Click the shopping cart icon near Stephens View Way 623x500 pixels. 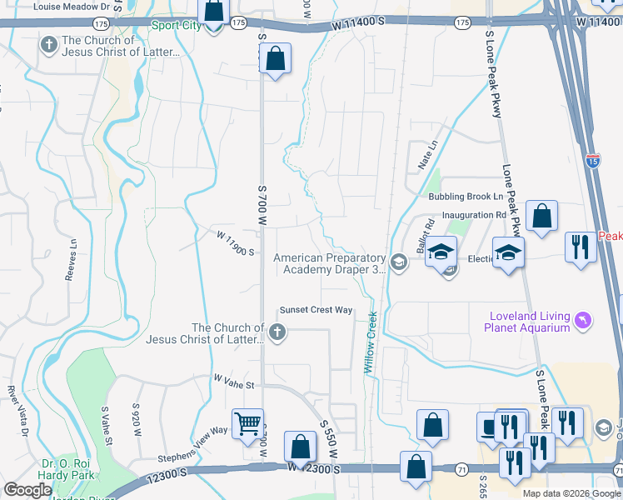tap(247, 423)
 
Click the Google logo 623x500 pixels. tap(27, 490)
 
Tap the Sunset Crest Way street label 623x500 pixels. tap(316, 310)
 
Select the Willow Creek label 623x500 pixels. tap(371, 342)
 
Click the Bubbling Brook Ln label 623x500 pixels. tap(466, 197)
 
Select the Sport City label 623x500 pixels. tap(176, 25)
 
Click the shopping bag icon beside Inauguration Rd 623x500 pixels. tap(541, 217)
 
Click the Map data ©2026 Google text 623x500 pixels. tap(571, 493)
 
